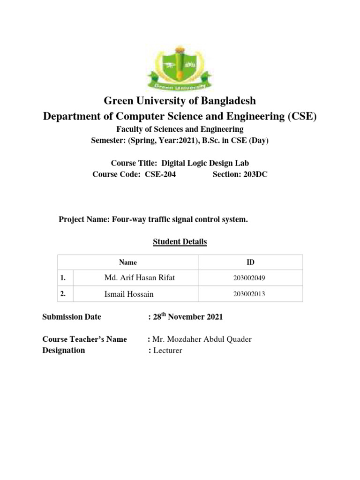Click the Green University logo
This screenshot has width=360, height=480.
pos(180,68)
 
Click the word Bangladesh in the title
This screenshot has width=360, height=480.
pos(227,101)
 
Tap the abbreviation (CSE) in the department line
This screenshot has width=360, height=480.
pos(301,116)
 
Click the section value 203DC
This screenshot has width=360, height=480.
pos(254,175)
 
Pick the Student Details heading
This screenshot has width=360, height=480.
pos(180,242)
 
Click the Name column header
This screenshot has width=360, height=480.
pos(128,262)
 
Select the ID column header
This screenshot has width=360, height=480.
pos(251,262)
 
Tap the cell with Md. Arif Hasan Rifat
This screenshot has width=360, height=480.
pos(140,278)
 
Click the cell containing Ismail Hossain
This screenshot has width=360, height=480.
pos(128,294)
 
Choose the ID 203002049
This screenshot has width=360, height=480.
pos(249,278)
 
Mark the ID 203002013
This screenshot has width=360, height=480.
pos(249,294)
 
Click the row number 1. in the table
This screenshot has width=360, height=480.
pos(63,278)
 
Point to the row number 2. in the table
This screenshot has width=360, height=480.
pos(63,294)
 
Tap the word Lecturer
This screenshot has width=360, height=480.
pos(167,350)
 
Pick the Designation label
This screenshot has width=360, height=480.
pos(64,350)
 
